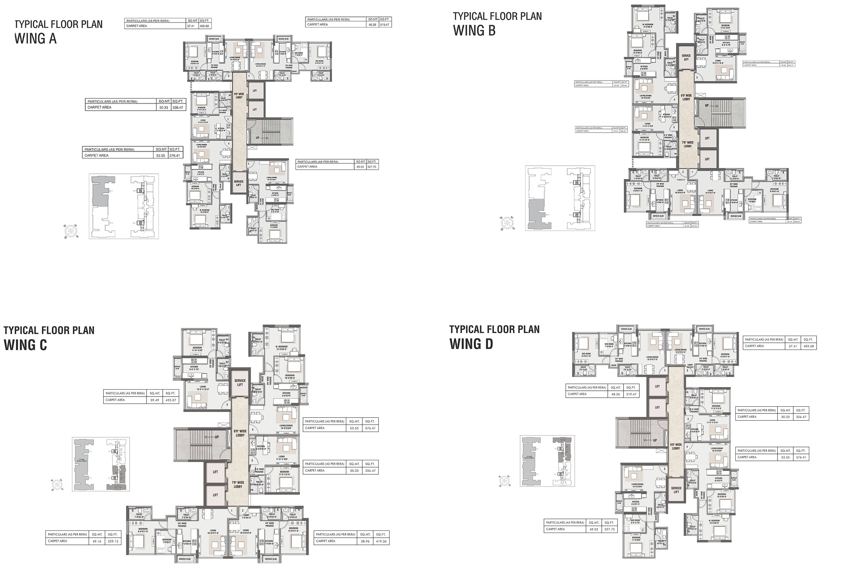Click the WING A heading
point(35,38)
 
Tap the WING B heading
point(474,30)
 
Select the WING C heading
point(25,345)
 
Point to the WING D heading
point(471,344)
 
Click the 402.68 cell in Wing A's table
point(204,26)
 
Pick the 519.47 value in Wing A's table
point(384,25)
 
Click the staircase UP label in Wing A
point(257,138)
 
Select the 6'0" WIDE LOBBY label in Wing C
point(240,433)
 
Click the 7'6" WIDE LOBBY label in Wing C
point(238,484)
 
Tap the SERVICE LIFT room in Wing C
point(240,382)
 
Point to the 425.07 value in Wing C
point(171,400)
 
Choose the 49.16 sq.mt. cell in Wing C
point(97,541)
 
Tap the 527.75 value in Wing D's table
point(609,529)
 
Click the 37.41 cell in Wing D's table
point(793,346)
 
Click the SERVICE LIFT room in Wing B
point(686,57)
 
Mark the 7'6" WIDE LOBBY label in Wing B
point(687,144)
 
